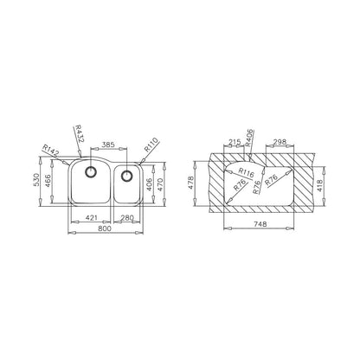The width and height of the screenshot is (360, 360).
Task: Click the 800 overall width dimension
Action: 105,228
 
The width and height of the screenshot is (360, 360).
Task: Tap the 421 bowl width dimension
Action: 92,218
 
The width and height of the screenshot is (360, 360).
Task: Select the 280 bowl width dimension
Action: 126,218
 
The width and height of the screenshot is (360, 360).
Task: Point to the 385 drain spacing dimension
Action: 109,145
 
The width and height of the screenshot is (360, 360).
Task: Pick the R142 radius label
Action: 51,151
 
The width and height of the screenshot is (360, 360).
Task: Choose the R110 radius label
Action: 151,145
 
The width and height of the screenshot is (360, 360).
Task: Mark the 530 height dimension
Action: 36,179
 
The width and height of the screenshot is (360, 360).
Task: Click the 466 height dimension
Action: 48,181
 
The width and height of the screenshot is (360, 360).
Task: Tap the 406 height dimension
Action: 149,184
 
